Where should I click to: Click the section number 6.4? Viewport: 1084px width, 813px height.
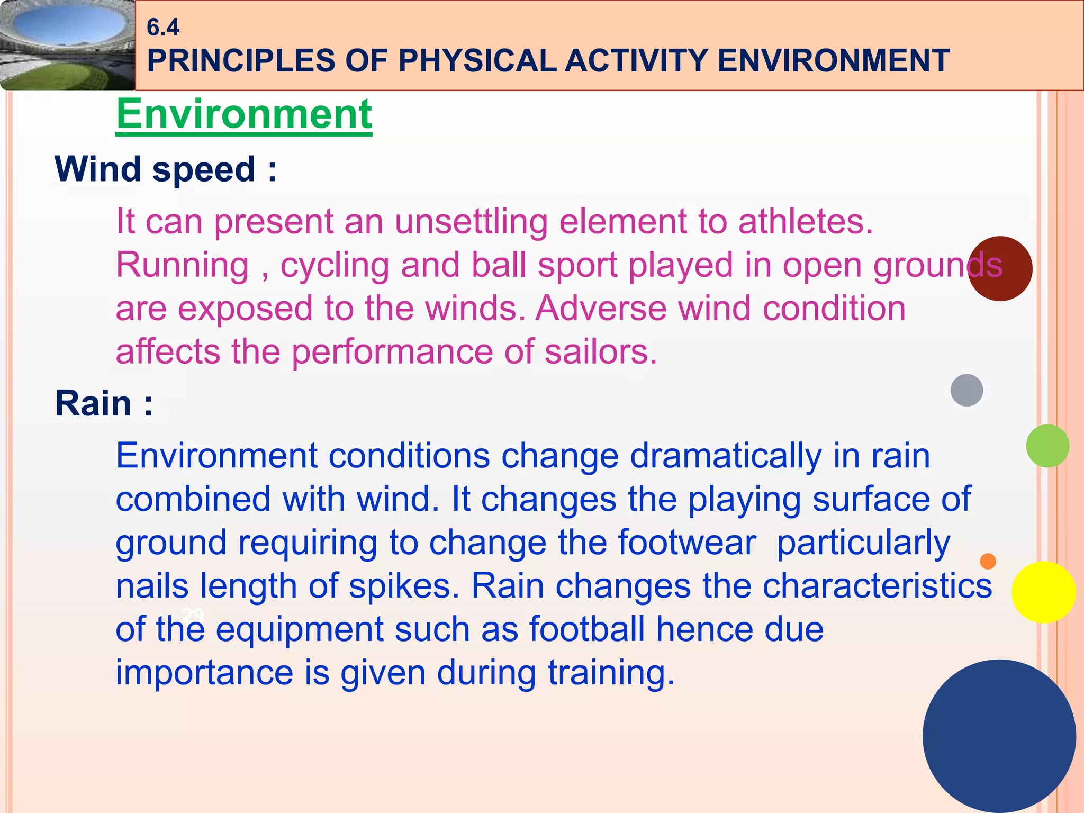(x=162, y=28)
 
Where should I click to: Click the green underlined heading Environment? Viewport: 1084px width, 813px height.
(x=244, y=114)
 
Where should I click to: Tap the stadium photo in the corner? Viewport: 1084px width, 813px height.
(x=67, y=45)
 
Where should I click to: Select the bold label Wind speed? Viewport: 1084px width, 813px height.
(x=165, y=169)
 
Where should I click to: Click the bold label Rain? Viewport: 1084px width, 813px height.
(x=104, y=404)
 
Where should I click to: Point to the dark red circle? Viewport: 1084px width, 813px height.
(x=1000, y=269)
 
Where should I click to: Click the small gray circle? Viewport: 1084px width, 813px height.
(x=966, y=390)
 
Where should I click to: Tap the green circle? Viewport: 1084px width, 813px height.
(x=1047, y=446)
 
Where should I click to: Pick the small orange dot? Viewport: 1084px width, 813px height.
(x=988, y=561)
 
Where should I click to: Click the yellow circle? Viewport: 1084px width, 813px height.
(x=1043, y=592)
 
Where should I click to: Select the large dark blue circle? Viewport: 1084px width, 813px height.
(x=999, y=736)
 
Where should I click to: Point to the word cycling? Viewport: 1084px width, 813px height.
(x=335, y=265)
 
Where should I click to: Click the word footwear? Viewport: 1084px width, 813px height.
(x=686, y=543)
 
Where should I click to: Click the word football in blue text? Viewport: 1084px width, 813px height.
(x=587, y=630)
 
